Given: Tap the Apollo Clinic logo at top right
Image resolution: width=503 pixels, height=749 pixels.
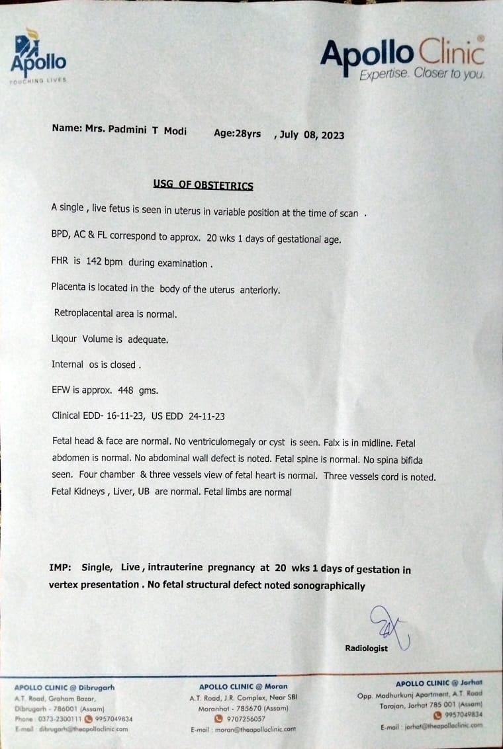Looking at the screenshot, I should (402, 58).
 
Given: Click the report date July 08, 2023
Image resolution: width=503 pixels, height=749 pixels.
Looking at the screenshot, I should (312, 134).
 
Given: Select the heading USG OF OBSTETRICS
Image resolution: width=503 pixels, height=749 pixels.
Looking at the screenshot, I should (203, 186).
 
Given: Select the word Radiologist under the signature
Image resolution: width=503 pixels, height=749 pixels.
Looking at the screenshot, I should (366, 648).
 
